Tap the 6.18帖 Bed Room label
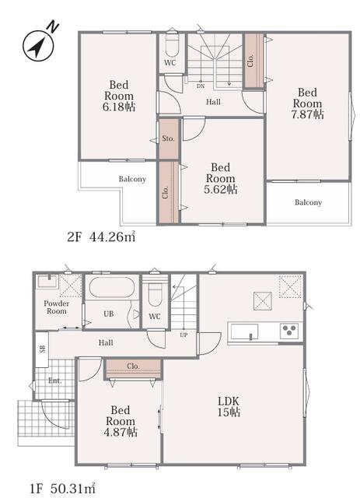[x=119, y=96]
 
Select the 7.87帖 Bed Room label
[x=307, y=103]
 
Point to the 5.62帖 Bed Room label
[x=220, y=178]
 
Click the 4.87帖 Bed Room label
[x=121, y=421]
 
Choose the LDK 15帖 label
[x=229, y=406]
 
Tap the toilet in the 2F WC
[x=173, y=44]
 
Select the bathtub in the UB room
[x=112, y=287]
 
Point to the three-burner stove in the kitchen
[x=289, y=331]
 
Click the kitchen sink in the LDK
[x=244, y=332]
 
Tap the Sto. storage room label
[x=168, y=139]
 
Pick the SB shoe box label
[x=42, y=349]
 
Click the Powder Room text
[x=57, y=307]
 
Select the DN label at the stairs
[x=201, y=86]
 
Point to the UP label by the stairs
[x=183, y=335]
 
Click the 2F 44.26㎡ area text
[x=101, y=237]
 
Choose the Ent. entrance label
[x=55, y=381]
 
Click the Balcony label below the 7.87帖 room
[x=308, y=202]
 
